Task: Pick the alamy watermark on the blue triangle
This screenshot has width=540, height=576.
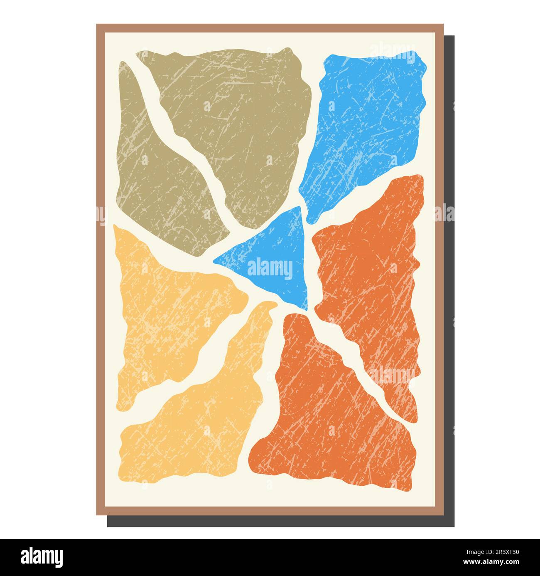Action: click(270, 269)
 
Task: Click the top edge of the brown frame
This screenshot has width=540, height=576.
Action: click(270, 28)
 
